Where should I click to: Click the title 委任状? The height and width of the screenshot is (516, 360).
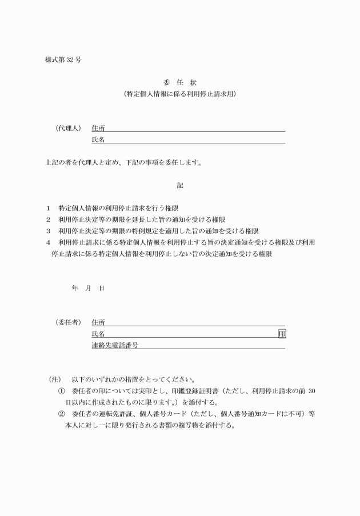(180, 83)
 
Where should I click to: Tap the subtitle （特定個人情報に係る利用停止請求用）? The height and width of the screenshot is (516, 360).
(180, 94)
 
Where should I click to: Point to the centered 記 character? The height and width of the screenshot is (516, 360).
(180, 185)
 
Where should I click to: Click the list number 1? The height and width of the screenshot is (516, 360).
(49, 209)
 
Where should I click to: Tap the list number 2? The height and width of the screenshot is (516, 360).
(49, 220)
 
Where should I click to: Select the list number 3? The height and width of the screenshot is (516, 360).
(49, 231)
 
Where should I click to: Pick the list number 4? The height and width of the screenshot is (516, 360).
(49, 243)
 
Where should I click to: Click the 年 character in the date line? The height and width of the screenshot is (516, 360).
(74, 289)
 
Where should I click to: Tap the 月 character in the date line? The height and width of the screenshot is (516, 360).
(88, 289)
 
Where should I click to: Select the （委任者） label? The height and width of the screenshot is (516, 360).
(68, 322)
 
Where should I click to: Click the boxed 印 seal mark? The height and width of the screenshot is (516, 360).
(282, 334)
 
